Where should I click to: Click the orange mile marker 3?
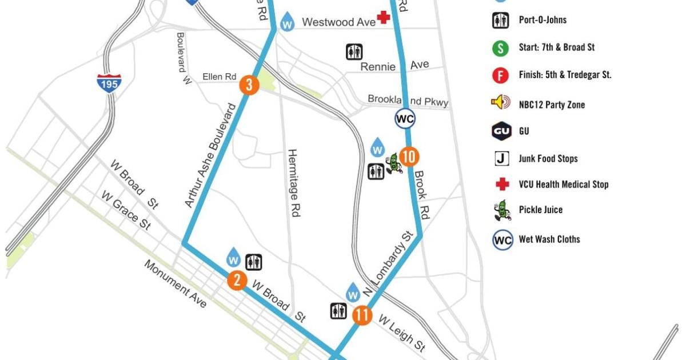pyautogui.click(x=249, y=85)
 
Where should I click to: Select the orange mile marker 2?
pyautogui.click(x=237, y=280)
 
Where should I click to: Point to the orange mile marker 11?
pyautogui.click(x=362, y=315)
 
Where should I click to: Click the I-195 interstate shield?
pyautogui.click(x=109, y=83)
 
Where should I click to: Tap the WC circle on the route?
pyautogui.click(x=405, y=119)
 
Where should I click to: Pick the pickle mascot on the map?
pyautogui.click(x=393, y=164)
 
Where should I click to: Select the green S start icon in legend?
pyautogui.click(x=500, y=48)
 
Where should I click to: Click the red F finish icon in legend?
pyautogui.click(x=500, y=75)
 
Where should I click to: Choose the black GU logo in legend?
pyautogui.click(x=501, y=131)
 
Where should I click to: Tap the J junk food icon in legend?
pyautogui.click(x=501, y=158)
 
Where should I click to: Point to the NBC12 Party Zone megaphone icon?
pyautogui.click(x=500, y=103)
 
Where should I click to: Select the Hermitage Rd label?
pyautogui.click(x=293, y=183)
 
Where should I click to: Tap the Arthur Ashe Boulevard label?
pyautogui.click(x=211, y=155)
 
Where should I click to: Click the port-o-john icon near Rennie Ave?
pyautogui.click(x=354, y=51)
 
